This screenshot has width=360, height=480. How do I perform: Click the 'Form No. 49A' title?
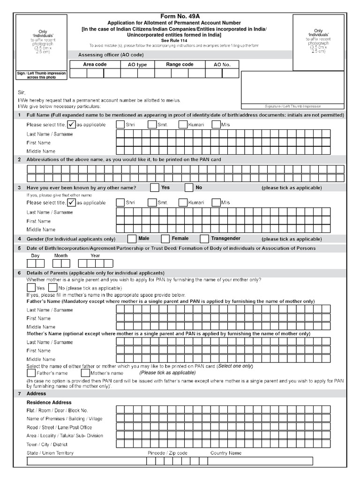click(180, 16)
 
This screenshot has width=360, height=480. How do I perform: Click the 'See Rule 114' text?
click(180, 40)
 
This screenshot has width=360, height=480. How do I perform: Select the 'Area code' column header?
click(95, 64)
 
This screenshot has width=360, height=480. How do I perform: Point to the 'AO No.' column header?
click(222, 65)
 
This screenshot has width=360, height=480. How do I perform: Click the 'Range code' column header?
click(180, 64)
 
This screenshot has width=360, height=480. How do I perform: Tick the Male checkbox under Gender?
click(132, 239)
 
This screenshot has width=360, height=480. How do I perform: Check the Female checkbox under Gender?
click(165, 239)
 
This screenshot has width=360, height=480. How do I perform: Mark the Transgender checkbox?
click(204, 239)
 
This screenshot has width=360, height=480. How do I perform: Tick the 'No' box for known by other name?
click(188, 188)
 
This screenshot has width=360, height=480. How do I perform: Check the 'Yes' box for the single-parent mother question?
click(31, 287)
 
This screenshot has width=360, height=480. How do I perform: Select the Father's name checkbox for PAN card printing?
click(31, 373)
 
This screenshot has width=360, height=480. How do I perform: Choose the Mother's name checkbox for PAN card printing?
click(85, 373)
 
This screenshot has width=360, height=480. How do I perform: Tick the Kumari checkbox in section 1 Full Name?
click(183, 125)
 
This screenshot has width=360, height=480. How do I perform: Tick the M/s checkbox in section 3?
click(216, 202)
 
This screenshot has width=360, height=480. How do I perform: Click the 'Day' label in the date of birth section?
click(35, 255)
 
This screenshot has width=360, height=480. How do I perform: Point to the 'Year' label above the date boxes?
click(95, 255)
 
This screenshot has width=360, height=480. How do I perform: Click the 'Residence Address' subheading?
click(49, 402)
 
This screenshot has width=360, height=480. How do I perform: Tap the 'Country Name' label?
click(226, 453)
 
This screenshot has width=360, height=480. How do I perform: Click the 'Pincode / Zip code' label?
click(167, 453)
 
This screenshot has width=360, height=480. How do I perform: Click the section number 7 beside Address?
click(19, 394)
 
